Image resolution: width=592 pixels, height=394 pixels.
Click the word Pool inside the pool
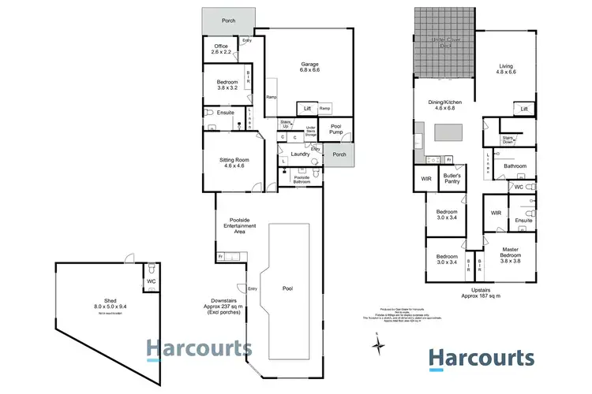(287, 288)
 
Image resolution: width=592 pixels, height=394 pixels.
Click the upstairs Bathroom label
(515, 166)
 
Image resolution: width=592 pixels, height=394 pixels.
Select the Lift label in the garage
(305, 108)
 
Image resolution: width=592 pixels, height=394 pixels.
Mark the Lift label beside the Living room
(523, 108)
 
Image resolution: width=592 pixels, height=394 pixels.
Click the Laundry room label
(300, 154)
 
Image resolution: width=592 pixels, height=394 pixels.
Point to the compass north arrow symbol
(377, 341)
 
